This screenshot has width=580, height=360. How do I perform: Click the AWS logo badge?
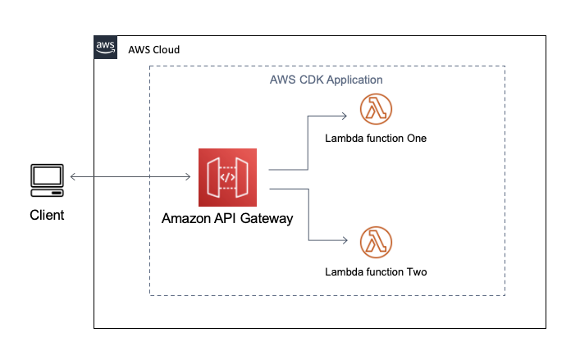(106, 48)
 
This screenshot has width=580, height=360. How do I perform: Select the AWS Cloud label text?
(154, 49)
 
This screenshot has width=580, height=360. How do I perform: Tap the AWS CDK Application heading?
(326, 80)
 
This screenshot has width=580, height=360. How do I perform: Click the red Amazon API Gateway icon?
(227, 177)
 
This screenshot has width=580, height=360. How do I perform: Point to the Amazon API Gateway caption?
(227, 218)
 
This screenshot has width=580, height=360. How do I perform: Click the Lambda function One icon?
(376, 109)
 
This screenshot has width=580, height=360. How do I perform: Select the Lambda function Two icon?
(376, 242)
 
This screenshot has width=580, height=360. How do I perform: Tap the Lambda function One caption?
(376, 139)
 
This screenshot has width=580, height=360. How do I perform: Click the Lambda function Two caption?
(376, 272)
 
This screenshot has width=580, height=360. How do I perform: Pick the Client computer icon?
(47, 180)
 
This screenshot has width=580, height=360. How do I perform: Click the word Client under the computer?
(47, 215)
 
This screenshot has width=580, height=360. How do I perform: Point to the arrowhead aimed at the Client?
(73, 176)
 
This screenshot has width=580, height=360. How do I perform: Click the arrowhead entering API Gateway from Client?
(188, 176)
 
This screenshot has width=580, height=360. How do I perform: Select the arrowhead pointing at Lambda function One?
(345, 116)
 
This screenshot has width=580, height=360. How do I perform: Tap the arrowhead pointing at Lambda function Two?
(345, 240)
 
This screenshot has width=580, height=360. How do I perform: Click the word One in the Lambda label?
(417, 139)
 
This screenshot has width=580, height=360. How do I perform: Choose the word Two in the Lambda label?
(418, 272)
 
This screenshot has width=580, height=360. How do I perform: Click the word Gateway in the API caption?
(267, 219)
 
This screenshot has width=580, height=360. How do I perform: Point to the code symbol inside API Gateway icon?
(227, 178)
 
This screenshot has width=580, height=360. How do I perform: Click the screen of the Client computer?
(47, 175)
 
